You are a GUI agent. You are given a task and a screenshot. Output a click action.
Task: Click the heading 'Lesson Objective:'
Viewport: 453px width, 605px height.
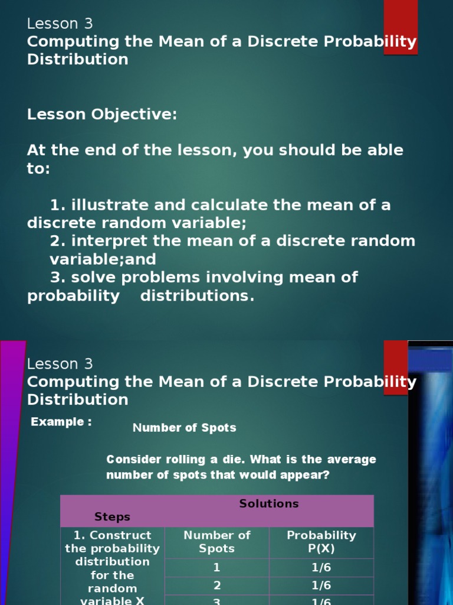[102, 115]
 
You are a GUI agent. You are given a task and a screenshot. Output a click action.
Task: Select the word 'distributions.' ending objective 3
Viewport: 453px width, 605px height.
[197, 295]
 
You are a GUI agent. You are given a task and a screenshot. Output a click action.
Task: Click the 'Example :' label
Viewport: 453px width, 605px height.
[61, 422]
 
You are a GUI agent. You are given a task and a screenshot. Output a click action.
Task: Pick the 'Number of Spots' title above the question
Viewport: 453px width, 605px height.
[184, 428]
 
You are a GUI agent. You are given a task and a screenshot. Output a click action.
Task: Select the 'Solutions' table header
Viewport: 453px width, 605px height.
[268, 504]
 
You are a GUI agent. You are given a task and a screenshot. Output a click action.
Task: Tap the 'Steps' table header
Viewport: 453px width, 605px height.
[112, 517]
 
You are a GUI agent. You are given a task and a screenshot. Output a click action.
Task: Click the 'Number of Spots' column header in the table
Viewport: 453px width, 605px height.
[216, 542]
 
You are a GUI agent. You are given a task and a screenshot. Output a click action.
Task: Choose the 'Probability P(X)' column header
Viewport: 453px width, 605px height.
[321, 542]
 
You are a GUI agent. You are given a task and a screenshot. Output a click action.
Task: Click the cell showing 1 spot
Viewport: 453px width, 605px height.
[216, 568]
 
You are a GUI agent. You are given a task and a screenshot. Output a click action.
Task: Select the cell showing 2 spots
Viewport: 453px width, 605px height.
[216, 586]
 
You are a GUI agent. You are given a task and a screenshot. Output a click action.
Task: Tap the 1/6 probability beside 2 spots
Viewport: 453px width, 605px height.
[321, 586]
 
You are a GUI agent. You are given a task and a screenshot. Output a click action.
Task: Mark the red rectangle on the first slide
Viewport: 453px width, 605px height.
[401, 27]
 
